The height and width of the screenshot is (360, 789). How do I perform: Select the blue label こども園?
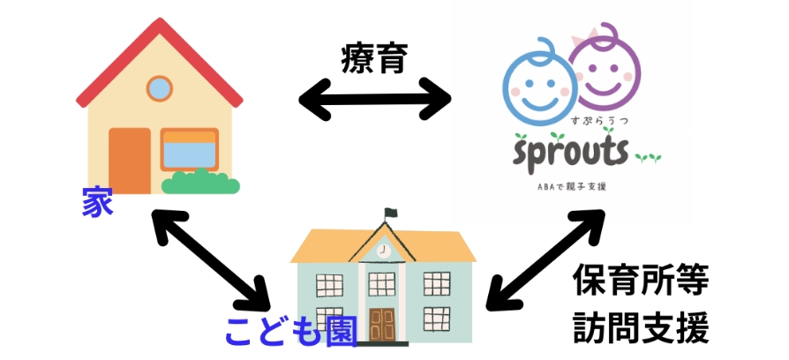point(290,332)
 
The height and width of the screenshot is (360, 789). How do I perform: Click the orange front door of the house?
point(129,160)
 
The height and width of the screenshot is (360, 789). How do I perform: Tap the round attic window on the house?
point(159,88)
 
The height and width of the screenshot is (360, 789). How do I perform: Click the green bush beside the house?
point(198,182)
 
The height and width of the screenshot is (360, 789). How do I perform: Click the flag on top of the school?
point(392,214)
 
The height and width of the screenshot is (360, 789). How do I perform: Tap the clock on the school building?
point(384,251)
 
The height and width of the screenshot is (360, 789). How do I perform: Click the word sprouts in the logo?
point(573,153)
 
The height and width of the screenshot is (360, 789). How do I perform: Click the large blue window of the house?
point(189,151)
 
